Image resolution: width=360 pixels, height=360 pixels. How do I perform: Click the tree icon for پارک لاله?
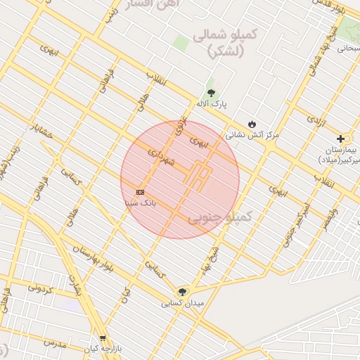point(210,94)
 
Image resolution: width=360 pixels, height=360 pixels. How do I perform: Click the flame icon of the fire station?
point(252,122)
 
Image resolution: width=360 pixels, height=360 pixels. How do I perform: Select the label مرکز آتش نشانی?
point(252,133)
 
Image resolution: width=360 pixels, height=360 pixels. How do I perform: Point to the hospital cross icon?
point(341,139)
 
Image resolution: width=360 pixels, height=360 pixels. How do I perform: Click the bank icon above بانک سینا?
point(141,192)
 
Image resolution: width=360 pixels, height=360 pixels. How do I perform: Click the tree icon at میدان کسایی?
point(183,292)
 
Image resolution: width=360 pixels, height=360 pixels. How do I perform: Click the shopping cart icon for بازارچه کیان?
point(103,338)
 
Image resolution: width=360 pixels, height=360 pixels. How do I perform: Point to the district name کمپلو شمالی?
point(229,42)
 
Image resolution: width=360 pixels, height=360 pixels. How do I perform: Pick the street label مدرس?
point(54,344)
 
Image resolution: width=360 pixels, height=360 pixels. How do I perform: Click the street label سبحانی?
point(346,49)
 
